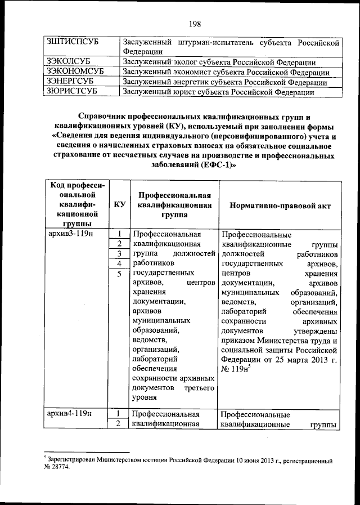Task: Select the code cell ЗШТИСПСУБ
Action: pyautogui.click(x=70, y=43)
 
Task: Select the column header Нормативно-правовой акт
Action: pyautogui.click(x=279, y=205)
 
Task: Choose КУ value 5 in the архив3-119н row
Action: pyautogui.click(x=119, y=274)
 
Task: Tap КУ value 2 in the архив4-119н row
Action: pyautogui.click(x=119, y=424)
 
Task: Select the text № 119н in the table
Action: pyautogui.click(x=236, y=369)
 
